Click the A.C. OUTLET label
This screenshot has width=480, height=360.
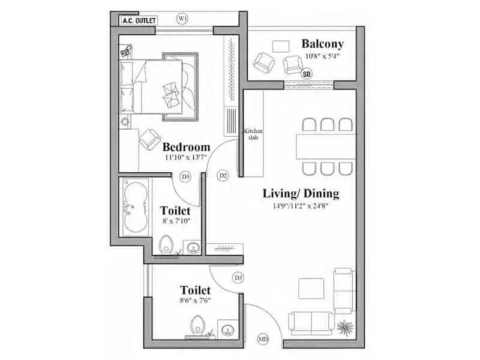(x=139, y=20)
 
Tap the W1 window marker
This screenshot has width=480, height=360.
(x=183, y=19)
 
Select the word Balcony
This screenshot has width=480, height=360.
(x=322, y=44)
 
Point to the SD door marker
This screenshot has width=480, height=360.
(x=307, y=75)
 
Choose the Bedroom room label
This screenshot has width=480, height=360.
(x=186, y=147)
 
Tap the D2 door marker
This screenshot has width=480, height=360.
(x=223, y=176)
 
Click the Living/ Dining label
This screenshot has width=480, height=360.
(x=301, y=194)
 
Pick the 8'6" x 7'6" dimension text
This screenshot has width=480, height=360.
(x=187, y=301)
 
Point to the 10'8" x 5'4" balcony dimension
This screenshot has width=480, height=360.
(x=322, y=58)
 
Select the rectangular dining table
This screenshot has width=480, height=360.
(x=326, y=146)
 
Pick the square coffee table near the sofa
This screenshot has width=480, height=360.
(x=311, y=288)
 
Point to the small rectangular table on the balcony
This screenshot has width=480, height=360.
(x=280, y=46)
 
